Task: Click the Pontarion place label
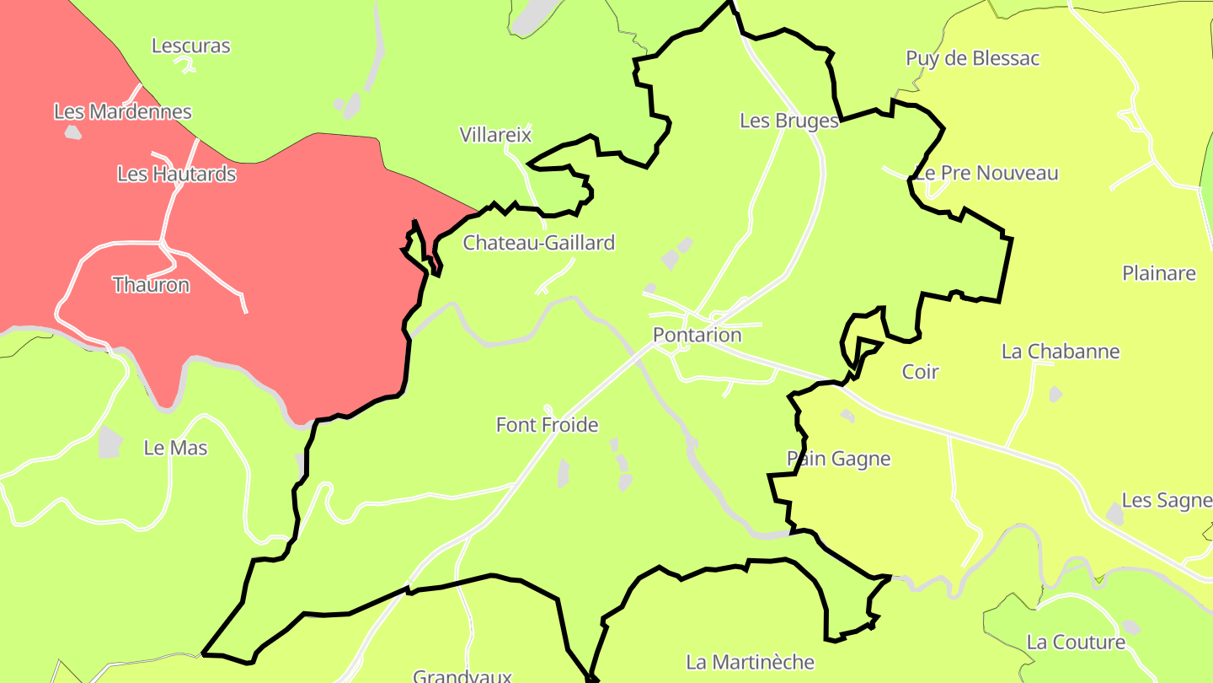tap(697, 335)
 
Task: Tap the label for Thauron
tap(152, 285)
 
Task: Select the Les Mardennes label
tap(123, 111)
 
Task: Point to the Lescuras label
tap(191, 46)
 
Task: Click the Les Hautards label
tap(176, 174)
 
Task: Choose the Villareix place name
tap(496, 134)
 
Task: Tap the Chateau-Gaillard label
tap(539, 243)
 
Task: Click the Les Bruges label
tap(789, 121)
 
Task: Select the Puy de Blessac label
tap(973, 58)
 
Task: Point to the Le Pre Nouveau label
tap(986, 173)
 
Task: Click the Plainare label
tap(1159, 273)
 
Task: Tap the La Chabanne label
tap(1061, 352)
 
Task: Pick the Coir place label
tap(920, 372)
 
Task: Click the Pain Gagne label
tap(839, 459)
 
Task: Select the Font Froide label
tap(548, 425)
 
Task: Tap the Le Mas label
tap(176, 448)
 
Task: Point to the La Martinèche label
tap(751, 662)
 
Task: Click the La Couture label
tap(1076, 643)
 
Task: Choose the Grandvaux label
tap(462, 676)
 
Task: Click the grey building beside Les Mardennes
tap(73, 132)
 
